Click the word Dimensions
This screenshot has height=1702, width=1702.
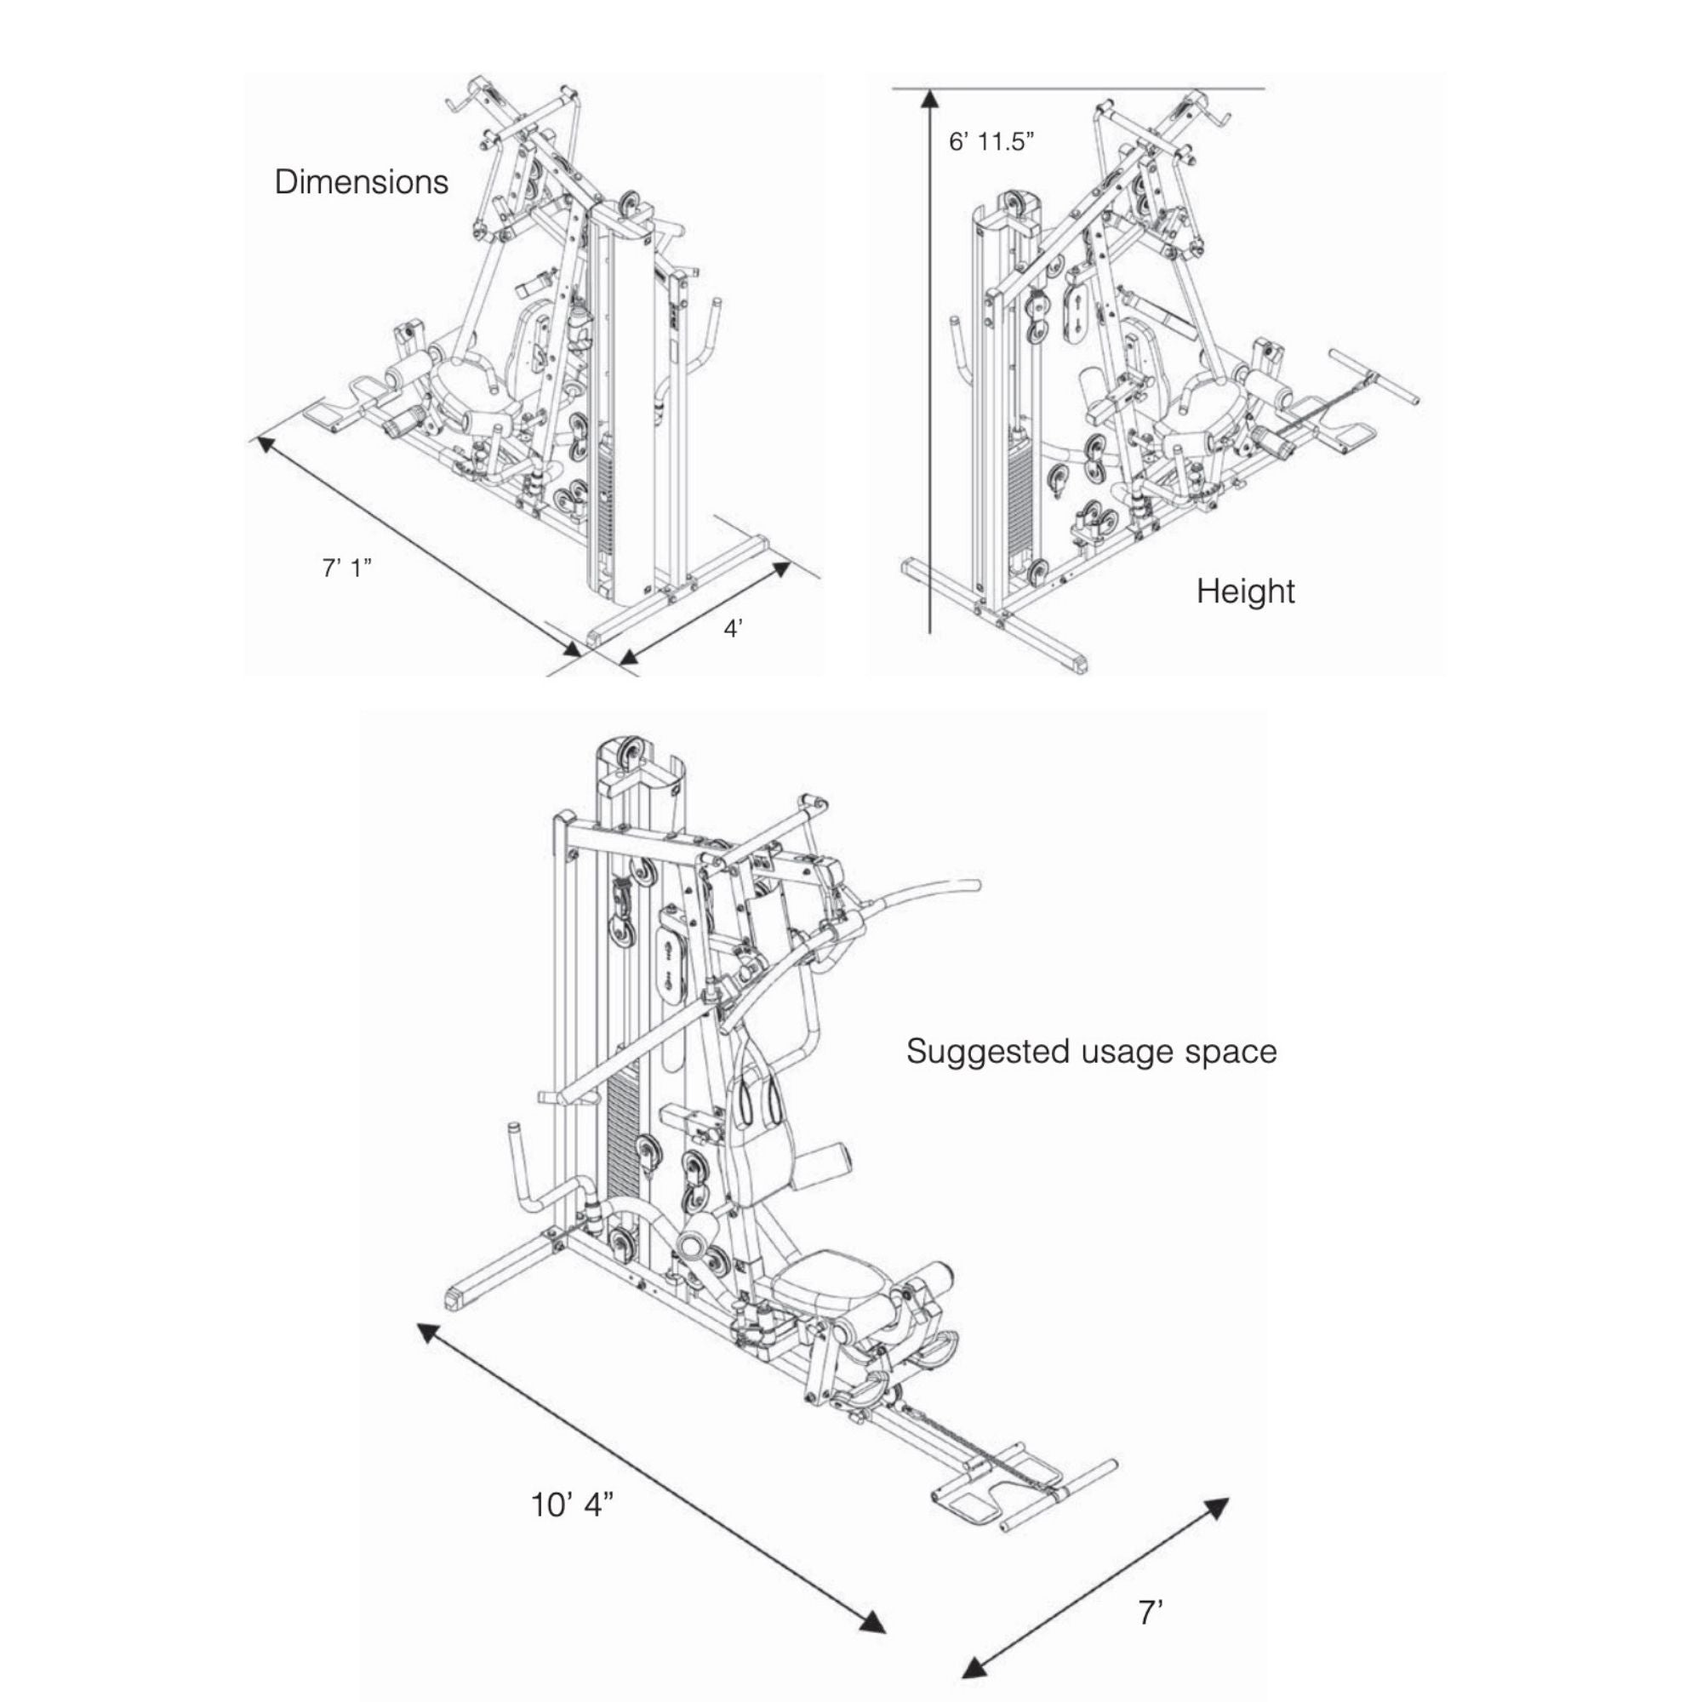coord(361,182)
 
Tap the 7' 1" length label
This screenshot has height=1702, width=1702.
coord(346,569)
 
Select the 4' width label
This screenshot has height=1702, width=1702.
coord(733,629)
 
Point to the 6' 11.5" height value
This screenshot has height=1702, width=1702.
coord(991,142)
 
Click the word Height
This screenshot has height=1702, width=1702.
coord(1246,591)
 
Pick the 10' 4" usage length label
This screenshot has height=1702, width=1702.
coord(571,1505)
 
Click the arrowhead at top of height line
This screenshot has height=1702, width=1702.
coord(928,99)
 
